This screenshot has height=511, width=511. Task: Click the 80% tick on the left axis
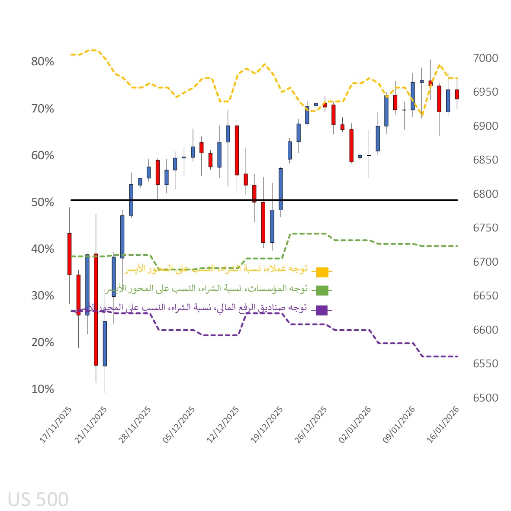42,61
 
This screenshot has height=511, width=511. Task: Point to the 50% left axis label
42,202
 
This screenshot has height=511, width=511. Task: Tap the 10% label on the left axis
42,389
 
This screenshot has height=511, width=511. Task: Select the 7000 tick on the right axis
485,58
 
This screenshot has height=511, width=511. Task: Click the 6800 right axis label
485,194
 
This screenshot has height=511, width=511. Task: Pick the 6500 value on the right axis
485,398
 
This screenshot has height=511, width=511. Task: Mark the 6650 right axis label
485,296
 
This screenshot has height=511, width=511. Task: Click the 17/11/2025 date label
56,425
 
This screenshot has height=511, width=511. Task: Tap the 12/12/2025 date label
223,425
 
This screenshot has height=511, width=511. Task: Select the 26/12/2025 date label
311,425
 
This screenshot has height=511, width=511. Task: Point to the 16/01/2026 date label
443,425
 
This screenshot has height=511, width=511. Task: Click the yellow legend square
322,272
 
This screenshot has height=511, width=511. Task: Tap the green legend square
322,290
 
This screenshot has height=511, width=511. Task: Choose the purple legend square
322,310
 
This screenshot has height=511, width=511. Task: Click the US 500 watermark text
38,499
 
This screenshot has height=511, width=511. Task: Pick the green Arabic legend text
206,289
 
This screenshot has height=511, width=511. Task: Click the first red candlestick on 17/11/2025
69,254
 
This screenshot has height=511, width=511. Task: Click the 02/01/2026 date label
355,425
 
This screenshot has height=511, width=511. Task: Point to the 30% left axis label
42,296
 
